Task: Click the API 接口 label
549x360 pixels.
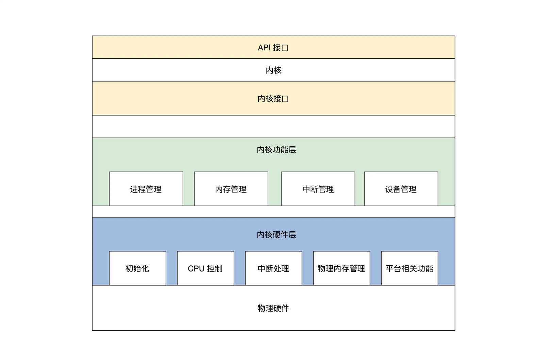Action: [x=273, y=48]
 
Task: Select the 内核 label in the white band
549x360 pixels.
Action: [x=273, y=70]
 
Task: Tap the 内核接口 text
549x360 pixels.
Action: [x=273, y=99]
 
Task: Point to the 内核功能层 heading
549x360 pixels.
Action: [x=276, y=150]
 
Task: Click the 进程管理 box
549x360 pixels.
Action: [x=146, y=189]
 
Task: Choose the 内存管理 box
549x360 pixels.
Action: [x=231, y=189]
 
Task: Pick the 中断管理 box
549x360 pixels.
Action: [x=318, y=189]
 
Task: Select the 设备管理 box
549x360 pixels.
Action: [x=401, y=189]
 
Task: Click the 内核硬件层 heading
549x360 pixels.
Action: [x=276, y=235]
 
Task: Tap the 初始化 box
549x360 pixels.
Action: [x=137, y=268]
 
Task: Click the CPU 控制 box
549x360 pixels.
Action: [x=205, y=268]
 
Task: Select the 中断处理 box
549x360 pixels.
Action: [x=273, y=268]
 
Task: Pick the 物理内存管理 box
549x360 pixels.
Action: [x=342, y=268]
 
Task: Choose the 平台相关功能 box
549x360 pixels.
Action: [x=410, y=268]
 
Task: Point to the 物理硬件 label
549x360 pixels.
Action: [x=273, y=308]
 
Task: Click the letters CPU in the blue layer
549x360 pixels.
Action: [x=196, y=269]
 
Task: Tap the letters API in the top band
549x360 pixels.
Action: [x=264, y=48]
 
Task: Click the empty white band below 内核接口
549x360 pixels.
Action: [x=273, y=127]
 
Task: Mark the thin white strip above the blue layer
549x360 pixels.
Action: [x=273, y=211]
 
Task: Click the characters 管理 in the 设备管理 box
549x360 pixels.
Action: [x=409, y=189]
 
